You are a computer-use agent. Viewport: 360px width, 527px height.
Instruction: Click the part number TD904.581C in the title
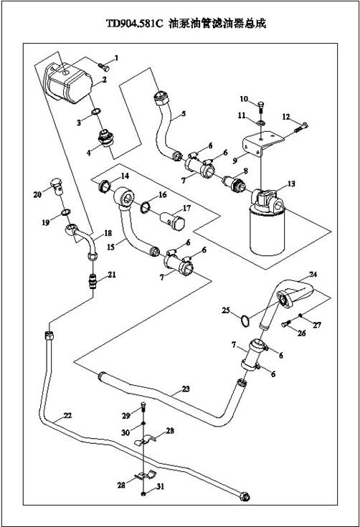(135, 24)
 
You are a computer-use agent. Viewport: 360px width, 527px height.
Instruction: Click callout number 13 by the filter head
(291, 184)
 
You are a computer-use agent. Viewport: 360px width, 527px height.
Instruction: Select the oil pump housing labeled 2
(69, 82)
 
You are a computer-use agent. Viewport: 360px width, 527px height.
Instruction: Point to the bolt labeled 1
(104, 67)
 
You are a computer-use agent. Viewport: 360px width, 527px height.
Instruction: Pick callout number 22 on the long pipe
(67, 415)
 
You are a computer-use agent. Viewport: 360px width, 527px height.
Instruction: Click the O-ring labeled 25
(245, 321)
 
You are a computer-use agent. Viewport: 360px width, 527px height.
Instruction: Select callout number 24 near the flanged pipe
(313, 275)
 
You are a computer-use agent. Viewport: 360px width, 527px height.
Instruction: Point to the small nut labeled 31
(144, 494)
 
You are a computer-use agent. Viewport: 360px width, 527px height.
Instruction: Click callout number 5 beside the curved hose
(184, 113)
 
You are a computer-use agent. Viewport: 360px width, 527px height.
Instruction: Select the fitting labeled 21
(93, 281)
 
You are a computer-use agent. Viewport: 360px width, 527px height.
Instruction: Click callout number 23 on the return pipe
(186, 389)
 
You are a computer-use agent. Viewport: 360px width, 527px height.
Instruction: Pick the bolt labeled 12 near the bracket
(301, 128)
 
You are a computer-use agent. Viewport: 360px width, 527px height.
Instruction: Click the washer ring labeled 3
(96, 111)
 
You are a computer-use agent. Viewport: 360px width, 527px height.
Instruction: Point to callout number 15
(111, 247)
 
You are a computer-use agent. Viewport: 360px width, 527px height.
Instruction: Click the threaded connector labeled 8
(233, 183)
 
